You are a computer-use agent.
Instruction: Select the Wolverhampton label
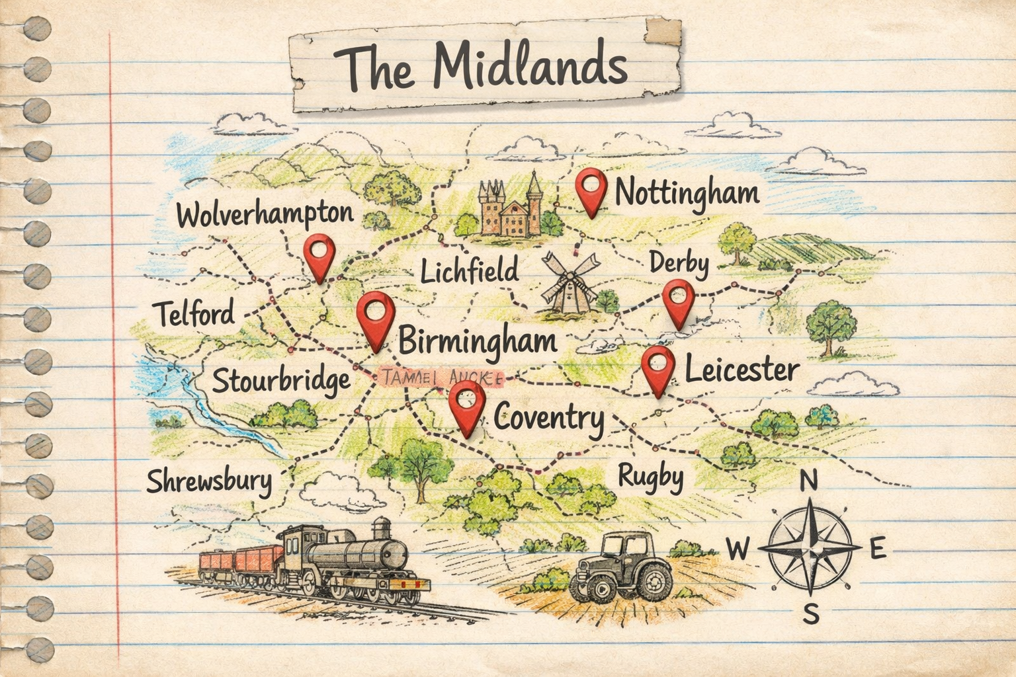click(x=265, y=214)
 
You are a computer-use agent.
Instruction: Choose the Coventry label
click(x=548, y=418)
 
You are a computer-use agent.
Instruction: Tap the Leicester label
click(x=741, y=369)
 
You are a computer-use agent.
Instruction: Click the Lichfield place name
click(x=470, y=271)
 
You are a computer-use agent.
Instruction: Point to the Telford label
click(x=193, y=313)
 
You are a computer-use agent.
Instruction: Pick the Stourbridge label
click(x=281, y=381)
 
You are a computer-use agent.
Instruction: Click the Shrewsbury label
click(x=209, y=481)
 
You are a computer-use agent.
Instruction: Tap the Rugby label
click(x=650, y=476)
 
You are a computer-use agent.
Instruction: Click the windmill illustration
click(x=569, y=281)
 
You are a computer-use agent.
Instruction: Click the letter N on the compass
click(x=808, y=481)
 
